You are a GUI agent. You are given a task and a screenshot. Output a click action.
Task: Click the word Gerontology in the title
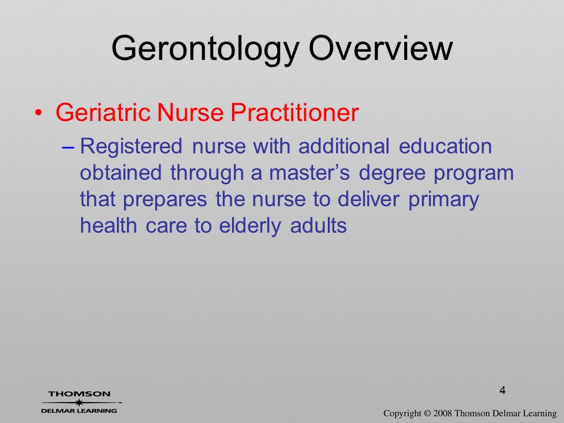(206, 49)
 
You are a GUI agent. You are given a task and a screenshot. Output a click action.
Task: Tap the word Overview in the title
(381, 48)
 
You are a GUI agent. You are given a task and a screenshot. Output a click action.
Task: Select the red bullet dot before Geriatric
(38, 113)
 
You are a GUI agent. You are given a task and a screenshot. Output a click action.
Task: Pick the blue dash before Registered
(68, 147)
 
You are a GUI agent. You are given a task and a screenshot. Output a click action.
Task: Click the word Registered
(131, 147)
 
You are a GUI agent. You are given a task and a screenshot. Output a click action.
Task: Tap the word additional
(344, 146)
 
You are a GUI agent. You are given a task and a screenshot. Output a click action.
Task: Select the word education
(445, 146)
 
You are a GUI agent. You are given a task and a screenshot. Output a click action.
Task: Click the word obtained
(120, 173)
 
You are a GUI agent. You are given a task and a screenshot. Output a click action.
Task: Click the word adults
(318, 226)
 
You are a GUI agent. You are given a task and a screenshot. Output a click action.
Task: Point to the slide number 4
(502, 390)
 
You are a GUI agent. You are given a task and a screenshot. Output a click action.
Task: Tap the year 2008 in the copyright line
(442, 413)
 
